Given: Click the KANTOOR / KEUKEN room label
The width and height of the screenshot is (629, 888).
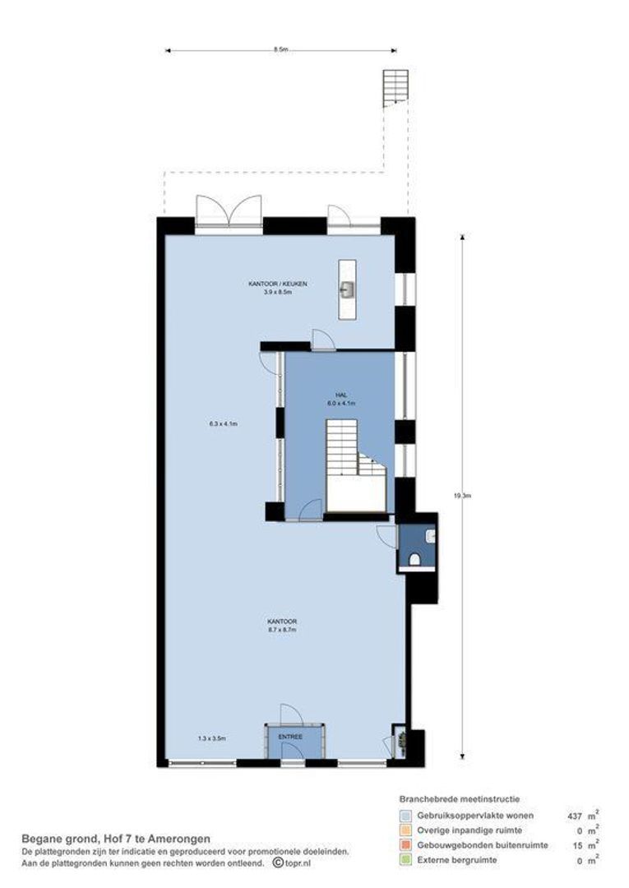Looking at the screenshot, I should [x=278, y=284].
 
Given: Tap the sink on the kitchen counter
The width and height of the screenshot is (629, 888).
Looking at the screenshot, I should [x=348, y=289].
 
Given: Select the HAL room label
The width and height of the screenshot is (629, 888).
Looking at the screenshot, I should [x=340, y=395].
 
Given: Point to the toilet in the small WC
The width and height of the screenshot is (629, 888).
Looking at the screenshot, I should [x=415, y=560].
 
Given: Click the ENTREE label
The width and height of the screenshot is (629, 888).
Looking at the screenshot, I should [x=290, y=737].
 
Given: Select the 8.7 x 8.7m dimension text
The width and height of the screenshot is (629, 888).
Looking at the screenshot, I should [x=281, y=631].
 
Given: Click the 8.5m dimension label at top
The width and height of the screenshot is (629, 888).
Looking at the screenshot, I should [x=281, y=50].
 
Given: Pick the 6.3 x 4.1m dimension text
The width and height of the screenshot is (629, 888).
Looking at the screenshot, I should [x=223, y=424].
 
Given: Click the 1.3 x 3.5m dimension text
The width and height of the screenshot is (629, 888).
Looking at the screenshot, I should [x=211, y=738].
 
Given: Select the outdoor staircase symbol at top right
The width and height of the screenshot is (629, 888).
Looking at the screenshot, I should [x=395, y=89].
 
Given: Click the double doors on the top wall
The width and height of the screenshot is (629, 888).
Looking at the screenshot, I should [x=229, y=211].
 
